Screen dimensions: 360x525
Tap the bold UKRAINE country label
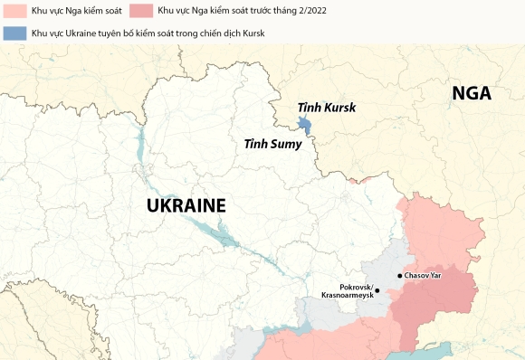[186, 205]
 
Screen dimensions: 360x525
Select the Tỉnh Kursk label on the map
[327, 108]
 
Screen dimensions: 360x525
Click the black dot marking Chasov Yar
[399, 275]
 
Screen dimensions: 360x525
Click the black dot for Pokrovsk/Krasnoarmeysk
[377, 291]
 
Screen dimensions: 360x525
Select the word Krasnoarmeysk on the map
[345, 296]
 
